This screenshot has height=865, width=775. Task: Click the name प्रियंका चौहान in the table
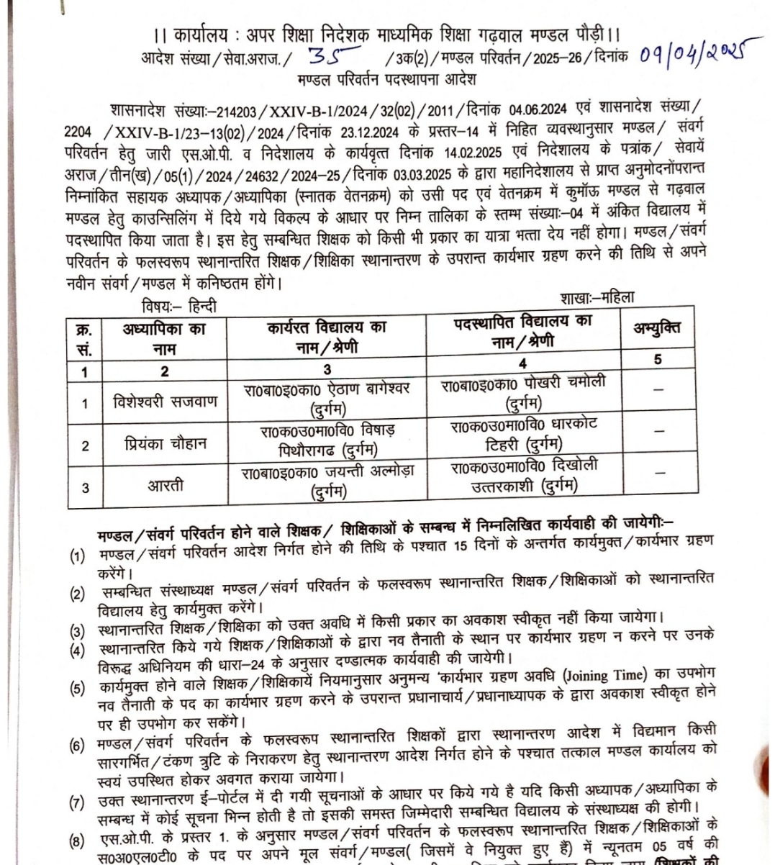165,444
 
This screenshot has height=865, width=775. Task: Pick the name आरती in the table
165,486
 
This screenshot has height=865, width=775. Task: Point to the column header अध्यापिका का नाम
165,338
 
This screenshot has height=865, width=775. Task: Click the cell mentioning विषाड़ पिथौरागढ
327,441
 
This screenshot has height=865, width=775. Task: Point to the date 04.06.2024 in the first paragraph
538,110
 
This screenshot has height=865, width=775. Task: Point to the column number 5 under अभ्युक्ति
658,358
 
